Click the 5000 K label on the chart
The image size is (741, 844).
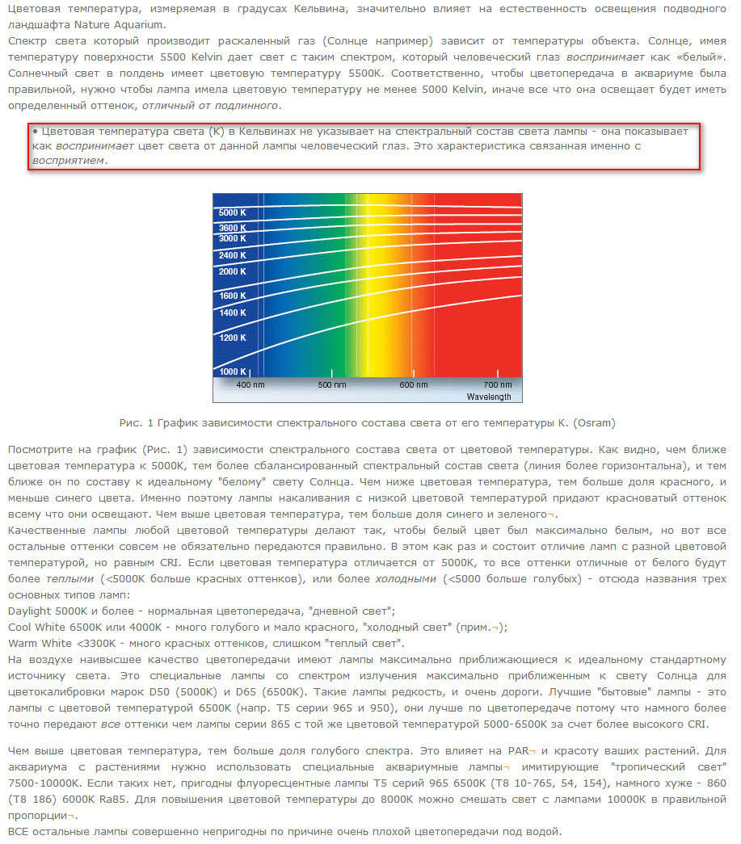[x=232, y=212]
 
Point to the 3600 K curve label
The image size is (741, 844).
[x=232, y=228]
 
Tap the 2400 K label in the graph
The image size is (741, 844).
[x=232, y=255]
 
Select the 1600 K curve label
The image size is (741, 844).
[x=232, y=296]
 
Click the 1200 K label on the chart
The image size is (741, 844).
[x=232, y=338]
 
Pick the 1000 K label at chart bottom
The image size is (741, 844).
[x=232, y=372]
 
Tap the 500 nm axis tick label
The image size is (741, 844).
[x=331, y=385]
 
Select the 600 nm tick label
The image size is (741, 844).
[x=413, y=385]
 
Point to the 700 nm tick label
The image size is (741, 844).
[x=497, y=385]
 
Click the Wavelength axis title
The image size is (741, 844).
[x=488, y=397]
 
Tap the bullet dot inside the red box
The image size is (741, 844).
[x=36, y=131]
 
